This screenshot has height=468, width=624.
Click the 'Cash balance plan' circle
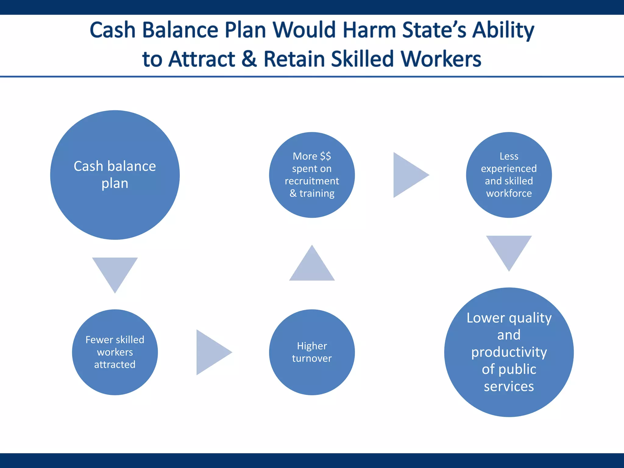pyautogui.click(x=115, y=175)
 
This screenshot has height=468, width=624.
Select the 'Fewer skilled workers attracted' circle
pyautogui.click(x=115, y=352)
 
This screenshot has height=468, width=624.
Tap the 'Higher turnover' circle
pyautogui.click(x=312, y=352)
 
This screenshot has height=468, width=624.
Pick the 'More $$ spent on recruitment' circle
pyautogui.click(x=312, y=175)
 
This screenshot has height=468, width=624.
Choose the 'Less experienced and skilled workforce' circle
pyautogui.click(x=509, y=175)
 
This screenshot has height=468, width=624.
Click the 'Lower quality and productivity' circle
pyautogui.click(x=509, y=352)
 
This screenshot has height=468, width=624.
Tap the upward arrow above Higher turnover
pyautogui.click(x=312, y=267)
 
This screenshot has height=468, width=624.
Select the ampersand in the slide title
pyautogui.click(x=249, y=59)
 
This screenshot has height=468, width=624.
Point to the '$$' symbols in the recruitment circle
pyautogui.click(x=325, y=156)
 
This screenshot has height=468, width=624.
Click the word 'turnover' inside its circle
pyautogui.click(x=312, y=359)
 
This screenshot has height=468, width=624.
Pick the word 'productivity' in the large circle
pyautogui.click(x=509, y=352)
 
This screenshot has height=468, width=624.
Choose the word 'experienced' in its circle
pyautogui.click(x=509, y=168)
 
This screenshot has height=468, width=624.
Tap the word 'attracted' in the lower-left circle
pyautogui.click(x=115, y=365)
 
